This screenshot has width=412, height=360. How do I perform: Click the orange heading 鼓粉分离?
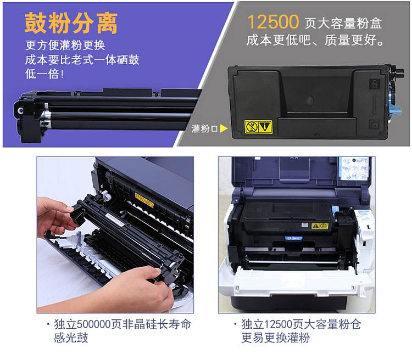click(71, 23)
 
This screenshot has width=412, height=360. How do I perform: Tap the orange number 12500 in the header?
click(273, 22)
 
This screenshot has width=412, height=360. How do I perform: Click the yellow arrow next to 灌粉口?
click(224, 128)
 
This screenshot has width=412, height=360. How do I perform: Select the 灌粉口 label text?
click(204, 128)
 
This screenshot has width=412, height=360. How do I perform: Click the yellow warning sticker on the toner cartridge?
click(258, 127)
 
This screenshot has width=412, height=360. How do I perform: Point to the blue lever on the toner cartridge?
click(396, 110)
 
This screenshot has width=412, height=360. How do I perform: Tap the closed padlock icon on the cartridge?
click(374, 84)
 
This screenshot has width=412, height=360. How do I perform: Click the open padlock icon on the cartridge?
click(374, 124)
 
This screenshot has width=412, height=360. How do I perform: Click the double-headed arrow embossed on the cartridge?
click(374, 104)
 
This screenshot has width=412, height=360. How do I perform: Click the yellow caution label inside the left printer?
click(144, 200)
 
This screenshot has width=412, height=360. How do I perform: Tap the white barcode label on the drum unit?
click(115, 220)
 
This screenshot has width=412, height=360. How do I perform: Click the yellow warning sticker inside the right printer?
click(320, 226)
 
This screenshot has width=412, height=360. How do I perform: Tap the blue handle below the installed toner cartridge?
click(293, 238)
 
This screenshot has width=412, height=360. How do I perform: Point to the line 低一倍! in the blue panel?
click(44, 74)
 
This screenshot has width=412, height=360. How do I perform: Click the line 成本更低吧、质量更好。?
click(315, 40)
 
